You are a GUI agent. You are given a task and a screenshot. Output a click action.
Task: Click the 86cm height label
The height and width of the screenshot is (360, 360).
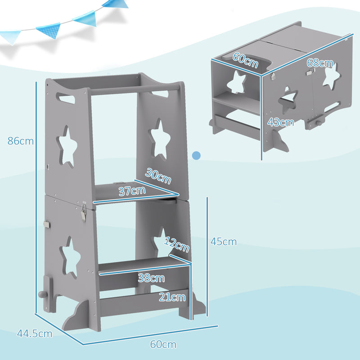[21, 141]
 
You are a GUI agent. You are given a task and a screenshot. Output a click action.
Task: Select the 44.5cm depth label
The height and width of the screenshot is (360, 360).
[35, 334]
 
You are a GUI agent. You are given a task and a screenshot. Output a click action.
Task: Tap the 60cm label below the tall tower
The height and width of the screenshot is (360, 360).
[163, 345]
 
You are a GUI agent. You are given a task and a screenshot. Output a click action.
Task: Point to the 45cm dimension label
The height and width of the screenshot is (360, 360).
[224, 242]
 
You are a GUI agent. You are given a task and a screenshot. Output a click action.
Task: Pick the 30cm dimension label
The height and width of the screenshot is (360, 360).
[158, 175]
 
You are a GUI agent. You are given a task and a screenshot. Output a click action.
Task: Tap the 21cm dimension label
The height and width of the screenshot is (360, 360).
[171, 297]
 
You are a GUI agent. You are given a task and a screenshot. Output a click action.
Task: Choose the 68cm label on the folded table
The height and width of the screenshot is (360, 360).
[320, 64]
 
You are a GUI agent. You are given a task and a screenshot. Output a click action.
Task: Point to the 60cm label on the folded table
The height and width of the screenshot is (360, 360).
[245, 61]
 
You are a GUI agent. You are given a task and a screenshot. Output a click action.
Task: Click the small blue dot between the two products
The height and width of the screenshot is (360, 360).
[196, 156]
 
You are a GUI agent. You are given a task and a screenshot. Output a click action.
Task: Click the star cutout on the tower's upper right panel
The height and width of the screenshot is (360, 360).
[158, 138]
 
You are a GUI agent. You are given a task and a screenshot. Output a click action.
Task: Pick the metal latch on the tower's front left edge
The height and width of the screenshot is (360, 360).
[83, 211]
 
